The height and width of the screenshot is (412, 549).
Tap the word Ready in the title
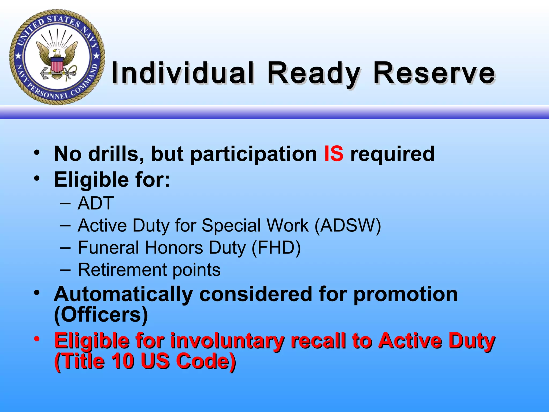(x=314, y=73)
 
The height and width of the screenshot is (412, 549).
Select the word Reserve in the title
(x=434, y=73)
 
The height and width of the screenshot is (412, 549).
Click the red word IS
(x=333, y=154)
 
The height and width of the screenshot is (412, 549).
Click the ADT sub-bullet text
(x=96, y=203)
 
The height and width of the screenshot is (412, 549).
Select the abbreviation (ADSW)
(x=348, y=225)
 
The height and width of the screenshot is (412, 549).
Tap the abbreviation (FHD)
(x=276, y=247)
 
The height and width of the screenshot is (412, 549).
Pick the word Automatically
(x=123, y=294)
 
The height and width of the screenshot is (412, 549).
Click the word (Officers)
(x=101, y=315)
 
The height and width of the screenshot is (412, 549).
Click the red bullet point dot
(x=37, y=339)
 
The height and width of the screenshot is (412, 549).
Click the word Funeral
(x=108, y=247)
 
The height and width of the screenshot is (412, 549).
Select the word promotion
(x=405, y=294)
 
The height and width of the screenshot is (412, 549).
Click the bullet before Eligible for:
(x=37, y=178)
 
